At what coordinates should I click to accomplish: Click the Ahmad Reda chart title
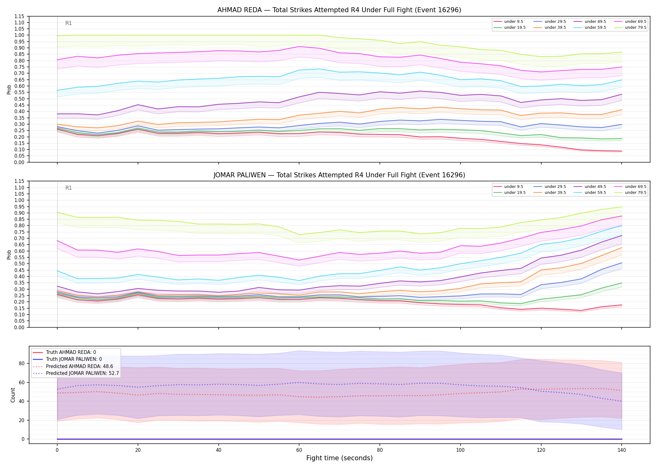(339, 10)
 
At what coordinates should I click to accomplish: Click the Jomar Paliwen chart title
(339, 175)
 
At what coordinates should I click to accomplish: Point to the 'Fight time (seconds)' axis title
(339, 458)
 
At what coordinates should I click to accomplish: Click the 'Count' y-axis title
(13, 395)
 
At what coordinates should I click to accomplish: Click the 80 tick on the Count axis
(21, 363)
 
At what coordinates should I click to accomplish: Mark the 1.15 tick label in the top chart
(19, 16)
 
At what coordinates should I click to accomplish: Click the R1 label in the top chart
(69, 23)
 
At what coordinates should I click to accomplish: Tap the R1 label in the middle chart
(69, 188)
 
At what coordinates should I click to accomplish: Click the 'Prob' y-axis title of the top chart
(9, 89)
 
